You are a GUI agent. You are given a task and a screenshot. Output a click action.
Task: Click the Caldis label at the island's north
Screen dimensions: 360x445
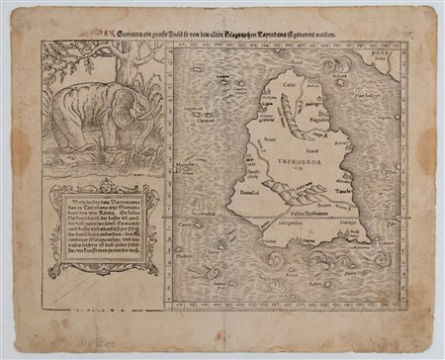pos(289,86)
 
